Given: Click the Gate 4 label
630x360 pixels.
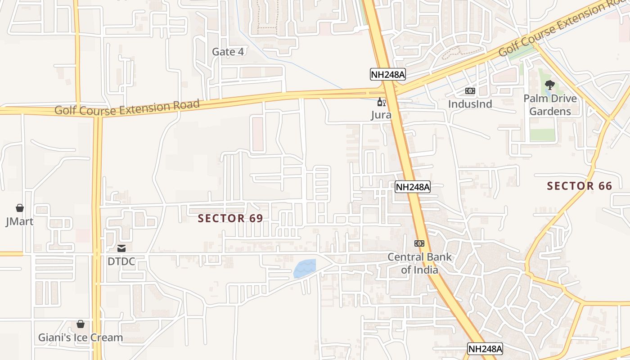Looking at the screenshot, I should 228,52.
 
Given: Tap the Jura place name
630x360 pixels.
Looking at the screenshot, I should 381,115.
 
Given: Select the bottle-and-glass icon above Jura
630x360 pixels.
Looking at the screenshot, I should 381,102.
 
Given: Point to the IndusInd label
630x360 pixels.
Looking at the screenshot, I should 470,104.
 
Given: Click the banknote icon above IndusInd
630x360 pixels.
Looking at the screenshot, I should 470,91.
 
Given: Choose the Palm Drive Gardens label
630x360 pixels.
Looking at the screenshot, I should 550,104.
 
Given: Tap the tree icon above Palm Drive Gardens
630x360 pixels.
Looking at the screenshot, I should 549,85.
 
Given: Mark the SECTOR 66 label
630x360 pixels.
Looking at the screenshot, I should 580,186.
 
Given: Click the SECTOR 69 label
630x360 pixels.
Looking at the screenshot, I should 230,218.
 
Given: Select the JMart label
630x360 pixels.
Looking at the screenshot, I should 19,221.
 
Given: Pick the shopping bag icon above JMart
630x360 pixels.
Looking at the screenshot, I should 20,208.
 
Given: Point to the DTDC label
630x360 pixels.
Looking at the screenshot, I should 121,261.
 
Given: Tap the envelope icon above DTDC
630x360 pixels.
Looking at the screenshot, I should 121,248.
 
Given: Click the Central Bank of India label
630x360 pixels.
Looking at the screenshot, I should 419,263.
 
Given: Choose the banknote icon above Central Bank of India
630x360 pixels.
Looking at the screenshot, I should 419,243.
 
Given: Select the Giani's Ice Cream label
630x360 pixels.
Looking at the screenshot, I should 80,337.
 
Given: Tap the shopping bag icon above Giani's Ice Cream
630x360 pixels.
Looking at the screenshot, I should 81,324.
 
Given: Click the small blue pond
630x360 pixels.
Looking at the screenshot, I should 304,269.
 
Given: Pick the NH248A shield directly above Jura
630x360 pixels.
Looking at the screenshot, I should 387,74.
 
